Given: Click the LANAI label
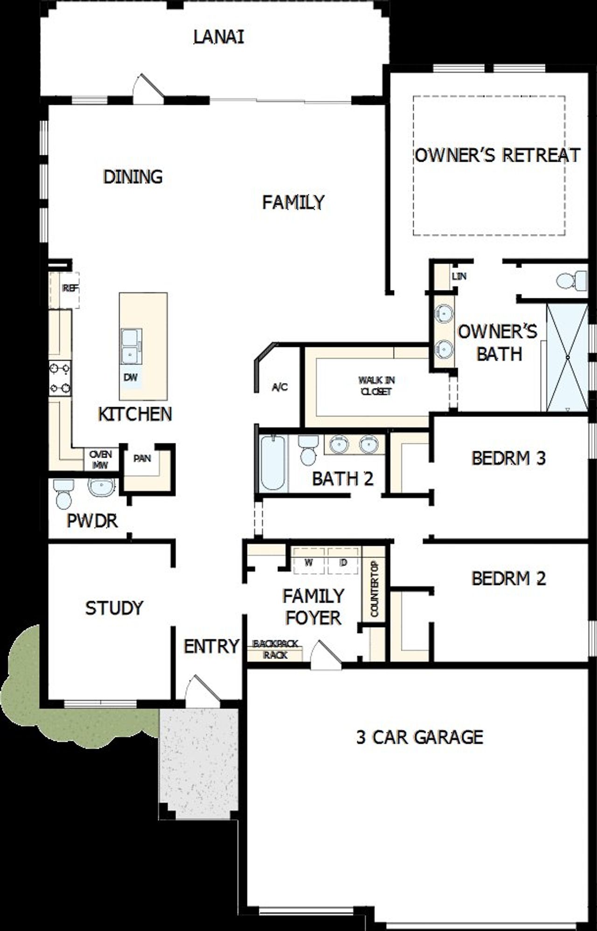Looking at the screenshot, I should pyautogui.click(x=218, y=37).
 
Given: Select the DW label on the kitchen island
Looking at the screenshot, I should pyautogui.click(x=131, y=377).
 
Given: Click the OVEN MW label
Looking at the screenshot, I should pyautogui.click(x=101, y=459).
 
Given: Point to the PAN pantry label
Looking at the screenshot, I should pyautogui.click(x=142, y=459).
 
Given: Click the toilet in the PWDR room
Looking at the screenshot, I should pyautogui.click(x=63, y=494).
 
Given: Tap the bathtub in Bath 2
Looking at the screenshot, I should pyautogui.click(x=272, y=462).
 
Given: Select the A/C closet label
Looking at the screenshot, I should pyautogui.click(x=280, y=387).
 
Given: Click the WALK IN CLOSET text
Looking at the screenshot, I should pyautogui.click(x=376, y=386).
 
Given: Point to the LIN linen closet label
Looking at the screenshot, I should pyautogui.click(x=458, y=276).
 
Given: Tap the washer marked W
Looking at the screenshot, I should pyautogui.click(x=308, y=562).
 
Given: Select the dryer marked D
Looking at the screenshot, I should pyautogui.click(x=343, y=562).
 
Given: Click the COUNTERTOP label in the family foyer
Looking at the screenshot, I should pyautogui.click(x=374, y=589).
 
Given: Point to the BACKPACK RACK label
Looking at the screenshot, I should pyautogui.click(x=275, y=649).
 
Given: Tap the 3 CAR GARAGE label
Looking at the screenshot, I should pyautogui.click(x=419, y=737).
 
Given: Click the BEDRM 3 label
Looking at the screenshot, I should pyautogui.click(x=508, y=458).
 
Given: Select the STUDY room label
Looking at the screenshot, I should pyautogui.click(x=114, y=608).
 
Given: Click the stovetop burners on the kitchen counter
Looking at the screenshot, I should pyautogui.click(x=60, y=378).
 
